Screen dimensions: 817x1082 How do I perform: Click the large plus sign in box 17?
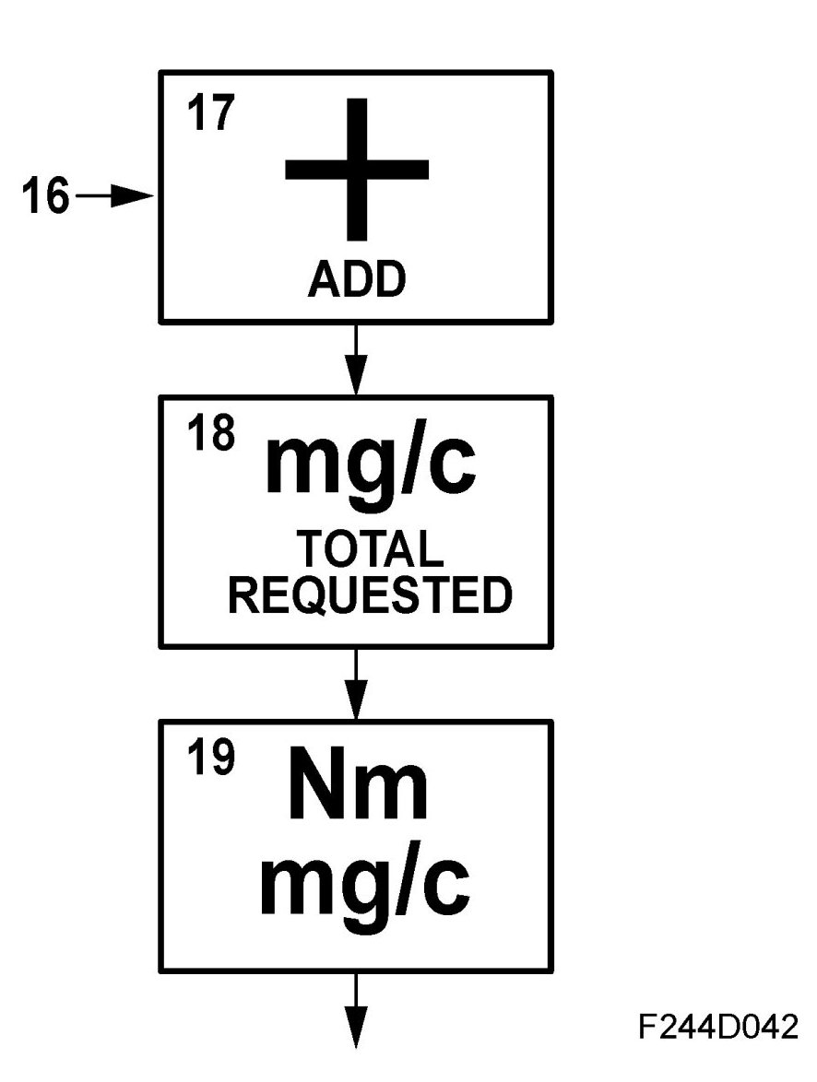click(357, 169)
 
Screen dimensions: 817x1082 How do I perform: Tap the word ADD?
click(356, 280)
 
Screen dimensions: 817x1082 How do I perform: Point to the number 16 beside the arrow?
click(45, 197)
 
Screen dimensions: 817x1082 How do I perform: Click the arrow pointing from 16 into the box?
click(117, 196)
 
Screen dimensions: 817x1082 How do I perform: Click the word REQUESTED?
click(370, 596)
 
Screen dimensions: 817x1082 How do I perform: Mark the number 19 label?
click(214, 760)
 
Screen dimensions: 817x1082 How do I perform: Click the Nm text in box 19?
click(358, 792)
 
